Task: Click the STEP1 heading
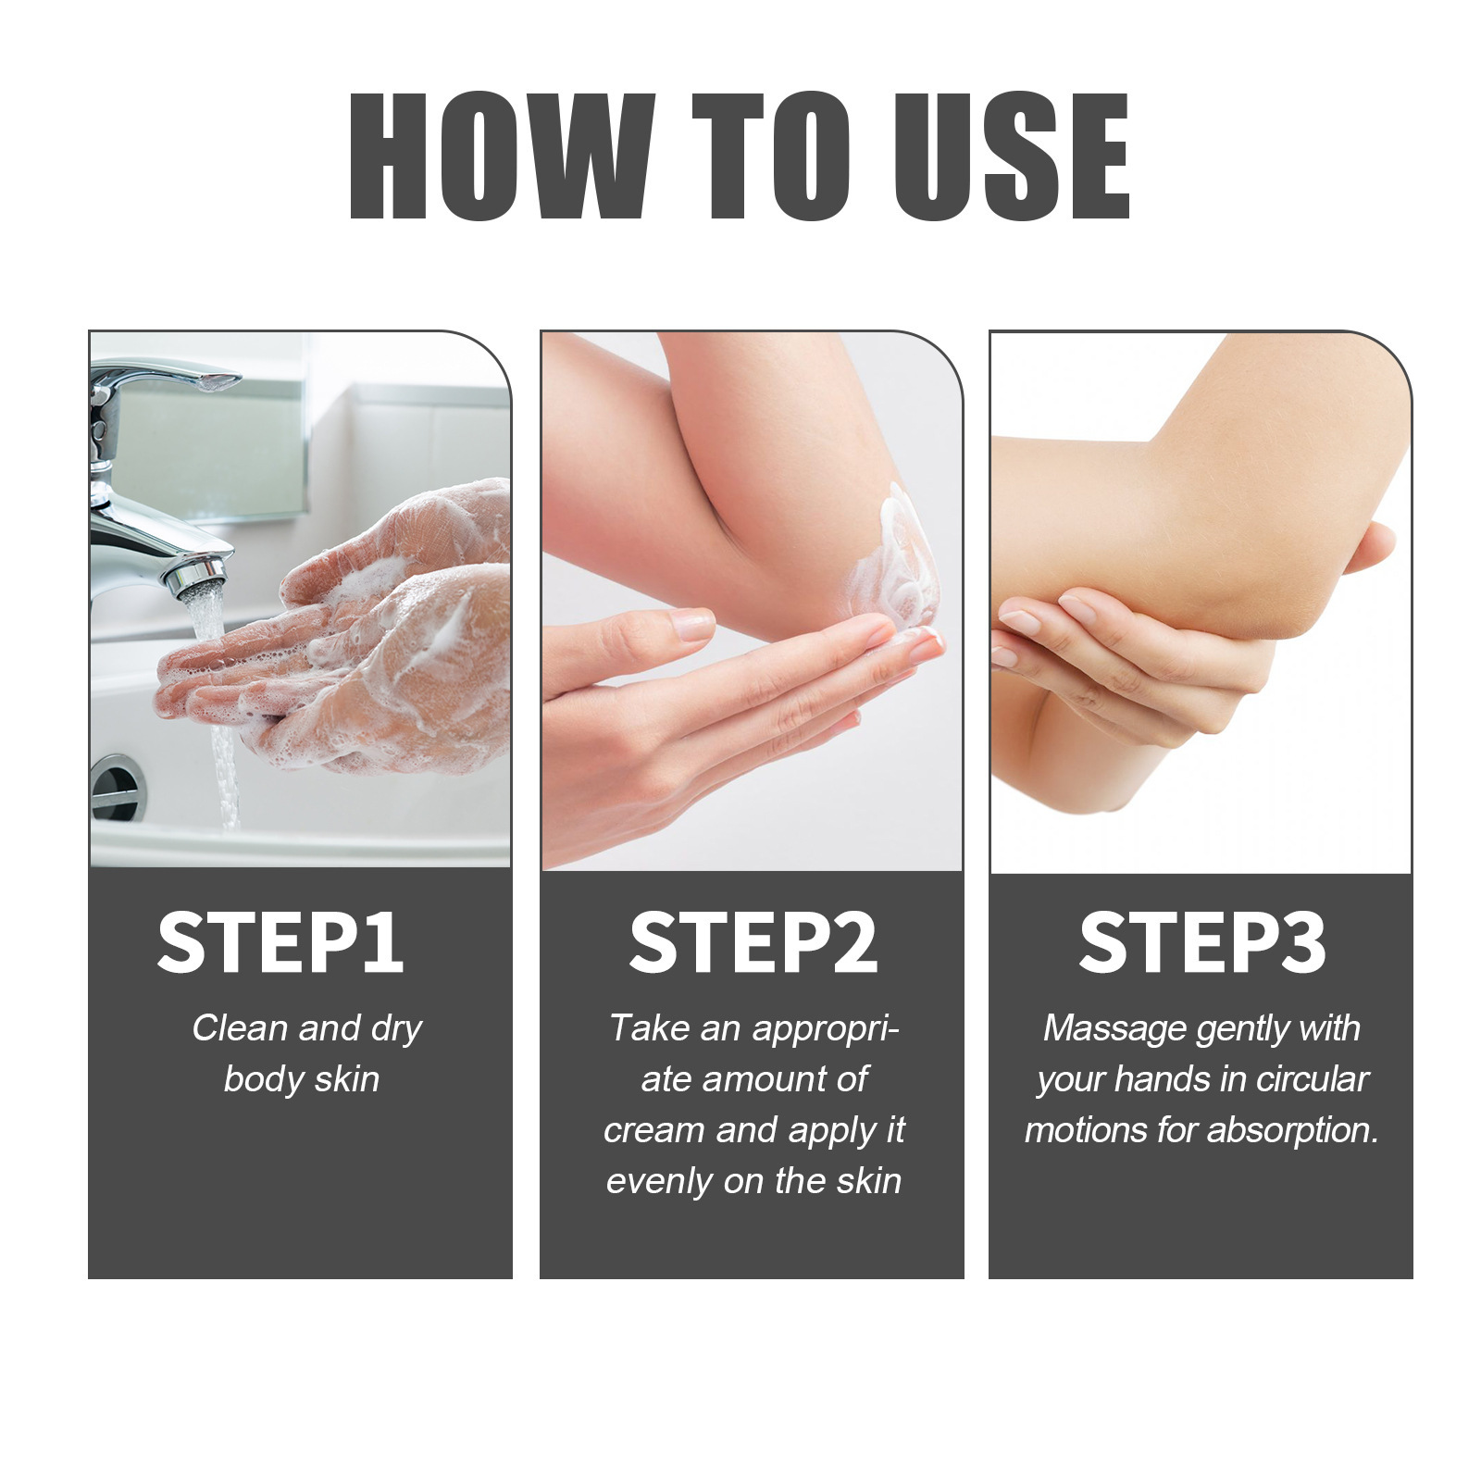coord(280,942)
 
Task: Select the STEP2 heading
coord(753,942)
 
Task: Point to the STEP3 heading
coord(1201,942)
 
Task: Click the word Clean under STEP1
coord(240,1027)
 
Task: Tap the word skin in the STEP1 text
coord(347,1079)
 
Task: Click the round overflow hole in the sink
coord(117,787)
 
